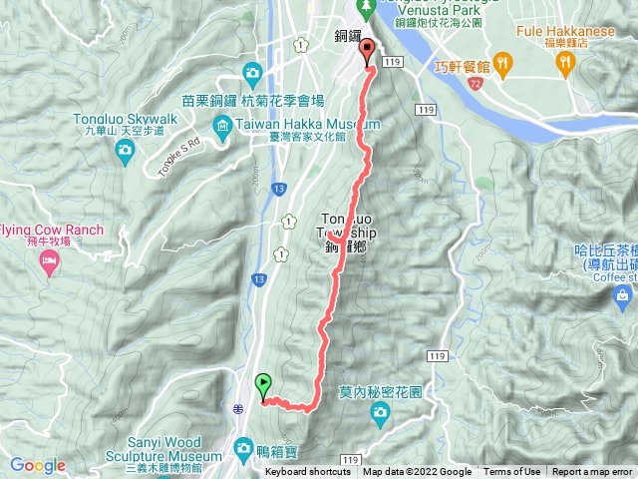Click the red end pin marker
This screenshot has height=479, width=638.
(367, 50)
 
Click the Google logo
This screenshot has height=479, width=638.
(37, 465)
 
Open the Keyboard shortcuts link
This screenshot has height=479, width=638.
(308, 472)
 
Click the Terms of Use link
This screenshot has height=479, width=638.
(512, 472)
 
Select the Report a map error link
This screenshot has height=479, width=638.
(593, 472)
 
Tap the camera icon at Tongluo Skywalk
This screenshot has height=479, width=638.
(125, 150)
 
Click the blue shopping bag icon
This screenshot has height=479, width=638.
(623, 295)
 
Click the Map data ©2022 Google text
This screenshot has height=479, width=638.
(417, 472)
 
